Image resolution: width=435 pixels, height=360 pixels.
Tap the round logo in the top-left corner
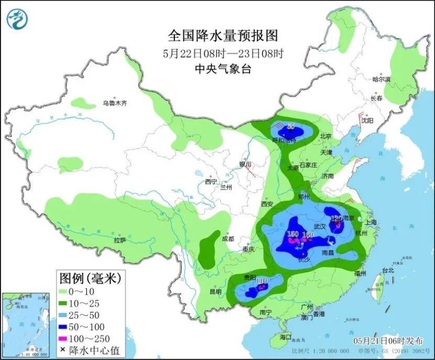(x=17, y=19)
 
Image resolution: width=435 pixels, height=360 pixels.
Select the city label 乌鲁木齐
(x=115, y=103)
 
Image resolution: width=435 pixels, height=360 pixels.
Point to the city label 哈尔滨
(x=382, y=80)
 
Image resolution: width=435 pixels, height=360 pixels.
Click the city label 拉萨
(x=120, y=240)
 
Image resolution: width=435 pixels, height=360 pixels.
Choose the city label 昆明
(x=215, y=291)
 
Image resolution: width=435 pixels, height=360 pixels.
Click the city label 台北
(x=387, y=271)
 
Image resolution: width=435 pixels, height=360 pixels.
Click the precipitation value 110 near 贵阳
(x=262, y=281)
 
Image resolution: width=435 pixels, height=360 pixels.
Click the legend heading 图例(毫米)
(x=90, y=277)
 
